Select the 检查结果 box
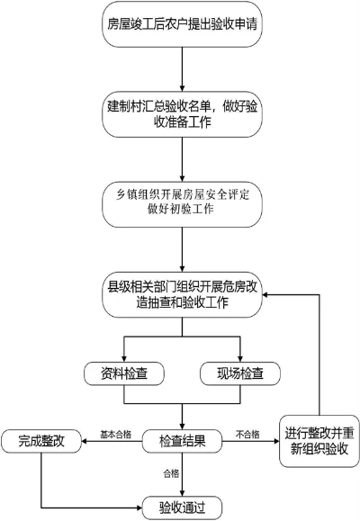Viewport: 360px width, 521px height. [183, 441]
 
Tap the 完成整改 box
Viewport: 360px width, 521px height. [40, 441]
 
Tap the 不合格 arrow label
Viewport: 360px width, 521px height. [247, 435]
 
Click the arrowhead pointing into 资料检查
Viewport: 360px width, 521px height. [122, 356]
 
